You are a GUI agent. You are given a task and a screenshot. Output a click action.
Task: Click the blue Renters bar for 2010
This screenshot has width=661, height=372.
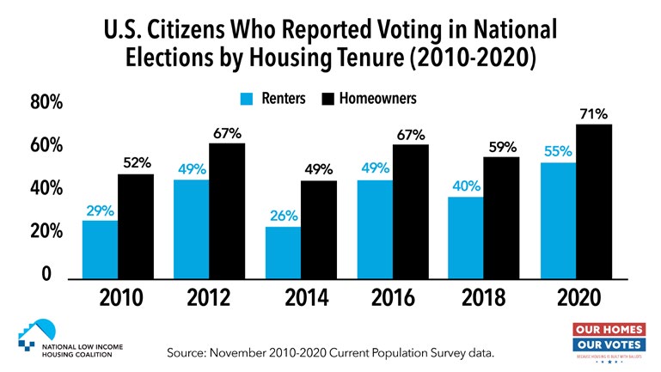(x=100, y=249)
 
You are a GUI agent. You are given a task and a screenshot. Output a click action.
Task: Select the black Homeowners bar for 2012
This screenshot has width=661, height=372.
(x=228, y=210)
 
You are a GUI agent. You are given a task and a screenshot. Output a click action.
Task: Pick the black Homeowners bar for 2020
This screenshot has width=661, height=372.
(x=594, y=201)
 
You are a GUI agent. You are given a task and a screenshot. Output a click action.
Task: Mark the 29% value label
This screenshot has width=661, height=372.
(x=100, y=210)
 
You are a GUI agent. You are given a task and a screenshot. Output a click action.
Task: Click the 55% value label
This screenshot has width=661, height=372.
(x=558, y=152)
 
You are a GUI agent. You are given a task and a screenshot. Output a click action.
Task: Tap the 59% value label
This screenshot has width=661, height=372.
(x=502, y=146)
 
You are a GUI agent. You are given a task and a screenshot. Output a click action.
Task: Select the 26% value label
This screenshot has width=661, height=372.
(x=283, y=216)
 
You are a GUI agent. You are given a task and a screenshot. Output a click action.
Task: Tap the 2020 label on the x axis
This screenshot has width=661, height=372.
(x=576, y=301)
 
